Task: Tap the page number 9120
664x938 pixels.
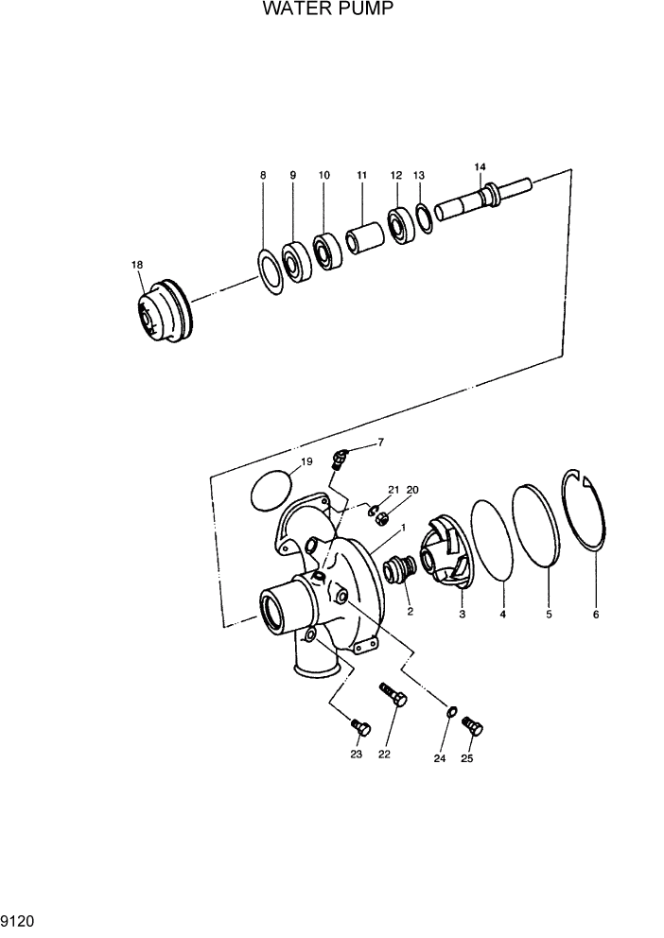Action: (x=20, y=918)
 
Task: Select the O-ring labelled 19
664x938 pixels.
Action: (x=272, y=490)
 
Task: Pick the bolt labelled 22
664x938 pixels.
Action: (x=393, y=702)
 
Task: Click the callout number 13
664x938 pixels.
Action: (x=419, y=176)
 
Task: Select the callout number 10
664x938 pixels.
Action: (x=324, y=176)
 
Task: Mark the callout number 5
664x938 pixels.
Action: (x=550, y=615)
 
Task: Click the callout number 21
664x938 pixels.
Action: (x=393, y=490)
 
